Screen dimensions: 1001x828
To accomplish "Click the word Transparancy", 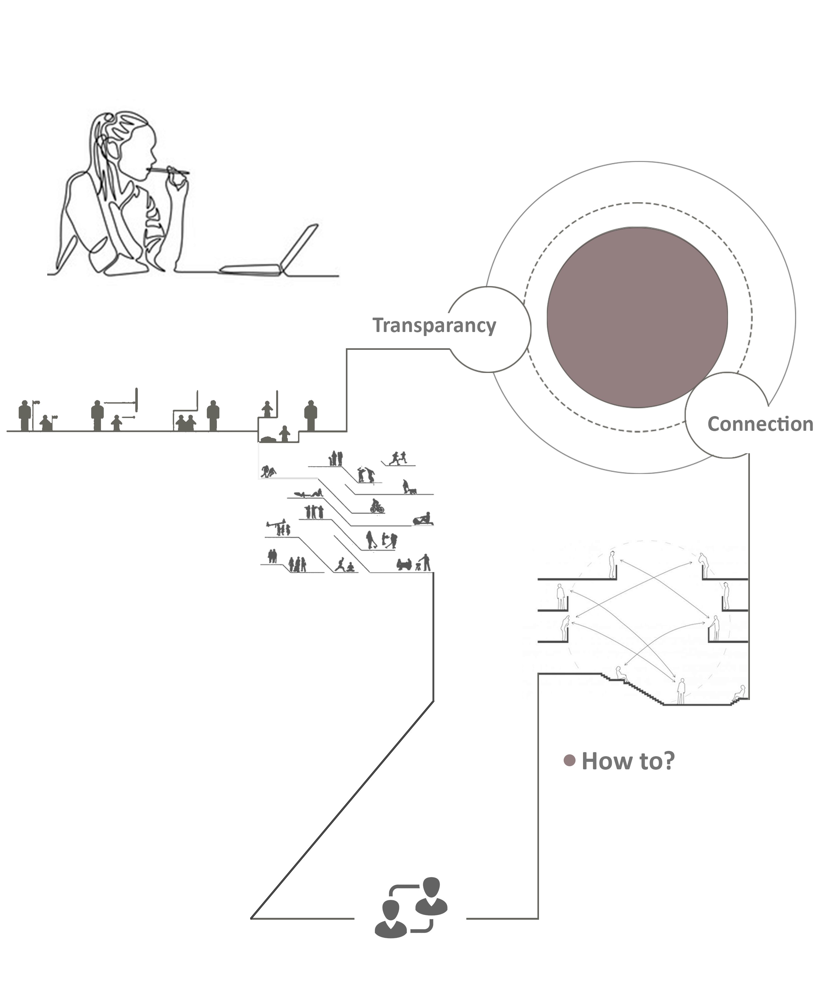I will click(x=434, y=325).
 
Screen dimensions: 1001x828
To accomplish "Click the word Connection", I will click(x=760, y=424).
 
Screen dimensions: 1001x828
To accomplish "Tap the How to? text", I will click(x=628, y=761).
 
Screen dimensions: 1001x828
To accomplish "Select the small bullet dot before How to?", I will click(x=569, y=760).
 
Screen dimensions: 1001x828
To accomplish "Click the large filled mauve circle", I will click(x=637, y=317).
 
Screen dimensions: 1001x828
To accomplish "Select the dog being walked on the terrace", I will click(x=412, y=491).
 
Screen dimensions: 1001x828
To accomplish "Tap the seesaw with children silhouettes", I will click(x=276, y=524).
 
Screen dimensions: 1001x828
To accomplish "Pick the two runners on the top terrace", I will click(x=398, y=458).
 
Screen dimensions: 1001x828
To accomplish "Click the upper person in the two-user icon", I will click(x=431, y=896).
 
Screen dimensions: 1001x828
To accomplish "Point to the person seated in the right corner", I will click(x=740, y=692).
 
